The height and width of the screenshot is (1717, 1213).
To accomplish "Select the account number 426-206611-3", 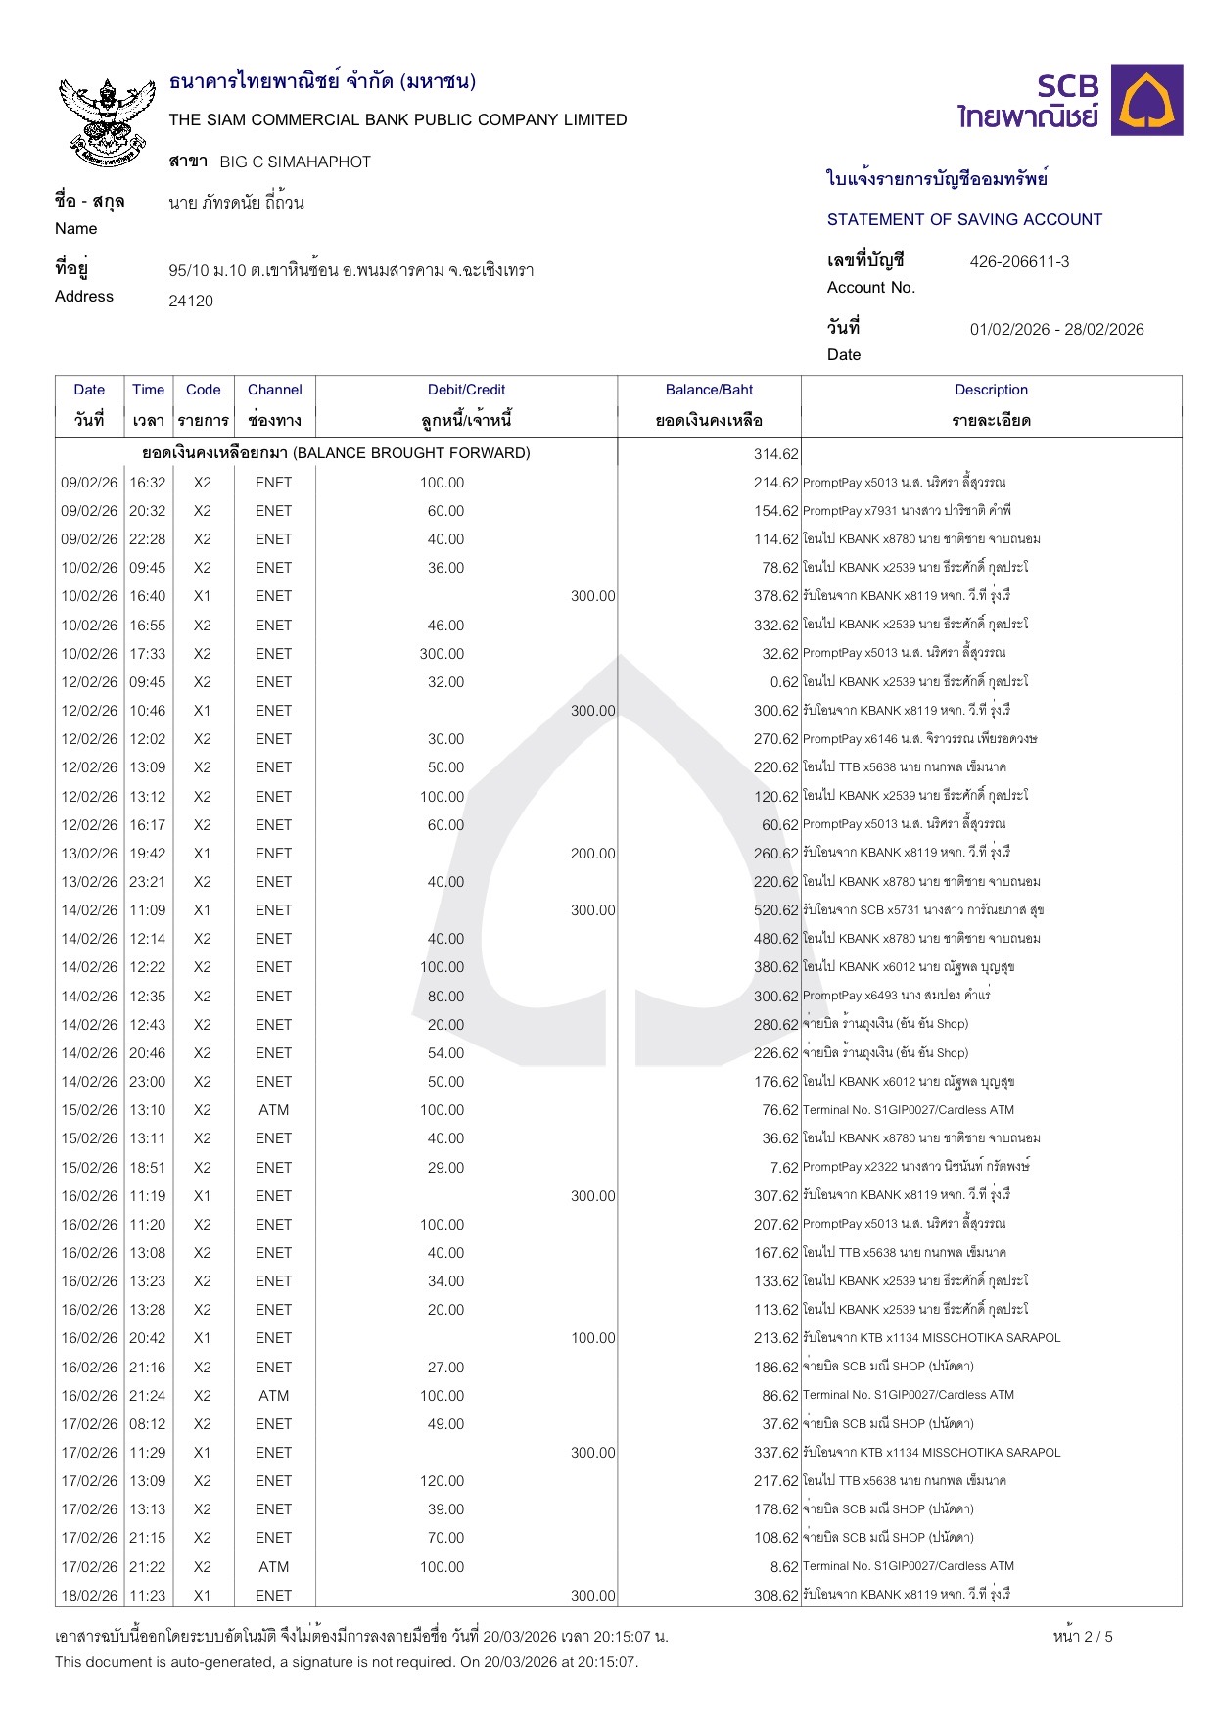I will pyautogui.click(x=1019, y=261).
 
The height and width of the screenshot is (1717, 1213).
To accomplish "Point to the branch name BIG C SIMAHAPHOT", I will pyautogui.click(x=295, y=162).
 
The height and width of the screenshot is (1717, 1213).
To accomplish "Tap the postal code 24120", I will pyautogui.click(x=191, y=301).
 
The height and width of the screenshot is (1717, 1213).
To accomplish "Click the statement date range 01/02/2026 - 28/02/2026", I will pyautogui.click(x=1056, y=329).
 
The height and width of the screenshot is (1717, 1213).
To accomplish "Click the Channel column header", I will pyautogui.click(x=274, y=390).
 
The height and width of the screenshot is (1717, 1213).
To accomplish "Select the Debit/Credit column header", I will pyautogui.click(x=466, y=390).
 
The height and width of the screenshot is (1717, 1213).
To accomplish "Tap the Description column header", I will pyautogui.click(x=991, y=390).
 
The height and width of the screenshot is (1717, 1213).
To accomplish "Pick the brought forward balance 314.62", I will pyautogui.click(x=776, y=454).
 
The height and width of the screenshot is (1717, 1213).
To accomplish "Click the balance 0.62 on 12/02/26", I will pyautogui.click(x=784, y=682).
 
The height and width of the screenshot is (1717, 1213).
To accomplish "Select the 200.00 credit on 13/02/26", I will pyautogui.click(x=593, y=854).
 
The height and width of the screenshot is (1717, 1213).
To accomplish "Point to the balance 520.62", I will pyautogui.click(x=776, y=910).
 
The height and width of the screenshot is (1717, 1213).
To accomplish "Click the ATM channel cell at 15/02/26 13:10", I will pyautogui.click(x=274, y=1110).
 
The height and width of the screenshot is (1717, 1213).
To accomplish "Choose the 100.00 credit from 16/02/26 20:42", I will pyautogui.click(x=593, y=1338).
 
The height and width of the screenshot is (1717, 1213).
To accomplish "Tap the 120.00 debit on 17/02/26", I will pyautogui.click(x=443, y=1481).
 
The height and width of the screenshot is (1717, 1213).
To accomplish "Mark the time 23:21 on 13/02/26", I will pyautogui.click(x=148, y=882).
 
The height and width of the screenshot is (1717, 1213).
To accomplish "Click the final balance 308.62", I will pyautogui.click(x=776, y=1596).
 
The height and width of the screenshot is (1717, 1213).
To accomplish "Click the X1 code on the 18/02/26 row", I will pyautogui.click(x=202, y=1596).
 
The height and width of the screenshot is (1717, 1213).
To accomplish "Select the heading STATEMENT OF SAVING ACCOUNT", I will pyautogui.click(x=964, y=219).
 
